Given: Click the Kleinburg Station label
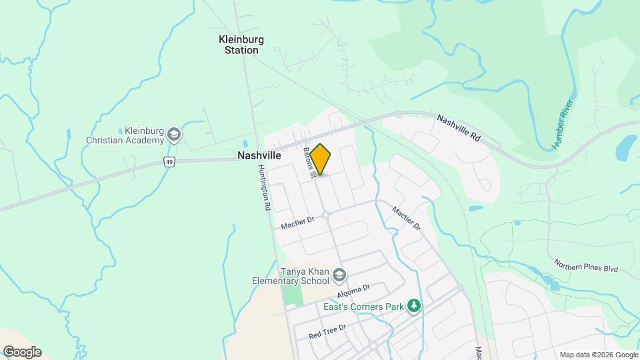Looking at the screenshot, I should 241,45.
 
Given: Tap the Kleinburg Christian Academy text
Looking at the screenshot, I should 125,135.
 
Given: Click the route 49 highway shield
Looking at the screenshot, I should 171,162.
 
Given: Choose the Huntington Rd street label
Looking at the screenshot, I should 263,187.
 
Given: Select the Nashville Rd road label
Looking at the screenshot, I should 459,127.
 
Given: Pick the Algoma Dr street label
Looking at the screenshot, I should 353,291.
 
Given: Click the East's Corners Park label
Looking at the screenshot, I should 363,307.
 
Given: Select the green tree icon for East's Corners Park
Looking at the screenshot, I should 414,306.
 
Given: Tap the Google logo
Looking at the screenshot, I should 22,352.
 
